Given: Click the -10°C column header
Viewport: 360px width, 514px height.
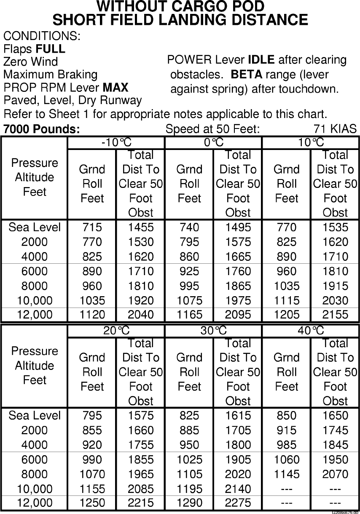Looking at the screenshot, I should coord(116,143).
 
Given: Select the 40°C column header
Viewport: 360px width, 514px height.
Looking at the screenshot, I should coord(311,331).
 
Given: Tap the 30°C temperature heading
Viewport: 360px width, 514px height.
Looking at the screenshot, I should coord(213,331).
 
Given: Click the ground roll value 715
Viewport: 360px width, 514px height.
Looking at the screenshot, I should coord(92,228).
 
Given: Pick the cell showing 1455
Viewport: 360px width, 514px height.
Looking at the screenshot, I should coord(141,228).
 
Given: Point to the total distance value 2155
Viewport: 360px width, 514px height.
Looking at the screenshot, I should coord(336,315).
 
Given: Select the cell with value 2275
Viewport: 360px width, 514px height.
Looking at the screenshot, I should coord(238,503).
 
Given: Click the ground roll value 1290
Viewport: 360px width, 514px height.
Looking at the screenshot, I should coord(189,503).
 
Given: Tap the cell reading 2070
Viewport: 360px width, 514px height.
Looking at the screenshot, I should coord(336,474).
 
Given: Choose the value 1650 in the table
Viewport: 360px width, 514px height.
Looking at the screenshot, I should coord(336,416).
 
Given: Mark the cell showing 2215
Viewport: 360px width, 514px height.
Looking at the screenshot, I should coord(141,503).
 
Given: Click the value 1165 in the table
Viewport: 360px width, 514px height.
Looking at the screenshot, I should coord(189,315).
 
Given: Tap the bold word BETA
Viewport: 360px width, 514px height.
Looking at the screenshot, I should coord(247,75).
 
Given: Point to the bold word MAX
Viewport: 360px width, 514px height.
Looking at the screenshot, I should coord(116,88).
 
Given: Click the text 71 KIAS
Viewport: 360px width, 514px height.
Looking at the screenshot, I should coord(335,129).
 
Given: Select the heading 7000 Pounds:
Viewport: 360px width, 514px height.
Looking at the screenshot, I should coord(41,129).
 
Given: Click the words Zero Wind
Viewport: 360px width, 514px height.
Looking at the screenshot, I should coord(30,62).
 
